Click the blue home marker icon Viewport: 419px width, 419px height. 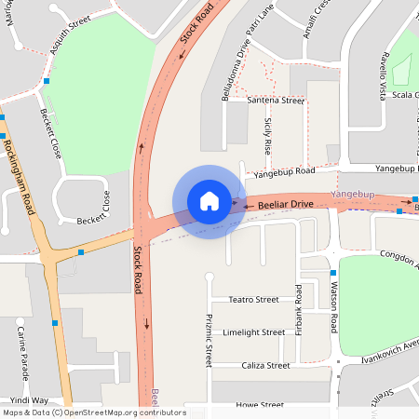pos(209,200)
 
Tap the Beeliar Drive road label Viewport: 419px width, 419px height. pos(287,203)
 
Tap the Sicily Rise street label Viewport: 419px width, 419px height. pos(268,136)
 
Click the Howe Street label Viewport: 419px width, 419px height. pos(260,406)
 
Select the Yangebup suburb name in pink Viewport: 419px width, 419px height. pos(352,193)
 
